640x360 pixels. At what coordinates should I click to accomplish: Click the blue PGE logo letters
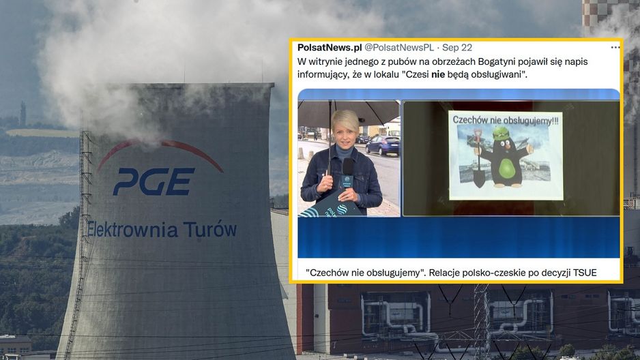(x=154, y=181)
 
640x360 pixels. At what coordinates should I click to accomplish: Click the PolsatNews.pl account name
(x=330, y=47)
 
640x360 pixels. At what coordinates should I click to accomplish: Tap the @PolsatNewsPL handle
(x=398, y=48)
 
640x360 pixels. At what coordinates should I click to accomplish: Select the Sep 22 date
(x=457, y=48)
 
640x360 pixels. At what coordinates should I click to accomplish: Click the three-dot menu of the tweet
(x=615, y=48)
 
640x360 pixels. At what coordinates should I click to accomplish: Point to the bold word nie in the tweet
(x=438, y=74)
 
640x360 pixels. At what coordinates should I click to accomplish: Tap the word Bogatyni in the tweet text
(x=496, y=62)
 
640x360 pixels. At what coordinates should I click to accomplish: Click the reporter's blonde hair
(x=345, y=119)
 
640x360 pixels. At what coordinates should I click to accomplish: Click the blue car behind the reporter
(x=383, y=145)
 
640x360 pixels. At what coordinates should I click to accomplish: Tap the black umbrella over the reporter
(x=348, y=112)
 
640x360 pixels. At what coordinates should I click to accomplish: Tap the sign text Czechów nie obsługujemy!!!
(x=506, y=120)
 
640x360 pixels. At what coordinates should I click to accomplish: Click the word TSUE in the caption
(x=585, y=272)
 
